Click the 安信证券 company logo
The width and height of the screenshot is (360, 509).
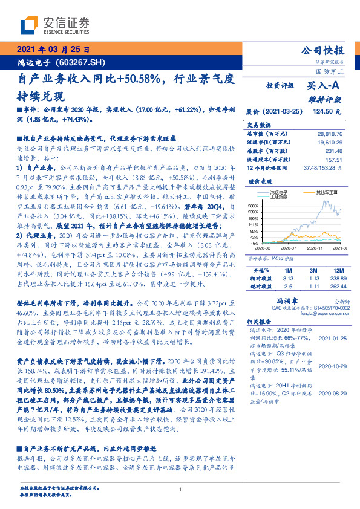pyautogui.click(x=54, y=25)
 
